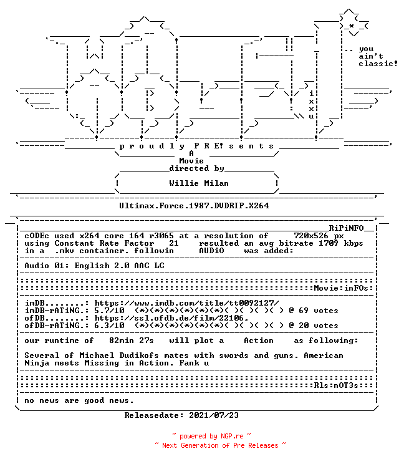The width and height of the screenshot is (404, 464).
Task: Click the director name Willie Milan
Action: [x=199, y=183]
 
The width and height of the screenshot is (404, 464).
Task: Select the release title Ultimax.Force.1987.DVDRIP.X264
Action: [x=194, y=206]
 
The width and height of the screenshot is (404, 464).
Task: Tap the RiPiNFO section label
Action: [x=346, y=228]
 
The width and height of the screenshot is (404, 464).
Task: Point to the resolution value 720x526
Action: [x=311, y=236]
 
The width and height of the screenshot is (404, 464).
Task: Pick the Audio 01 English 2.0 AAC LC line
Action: [x=94, y=266]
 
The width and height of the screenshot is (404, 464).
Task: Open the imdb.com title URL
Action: [x=186, y=303]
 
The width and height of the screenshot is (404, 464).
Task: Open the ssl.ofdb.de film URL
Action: [x=171, y=318]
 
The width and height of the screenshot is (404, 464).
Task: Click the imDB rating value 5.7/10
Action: [x=110, y=311]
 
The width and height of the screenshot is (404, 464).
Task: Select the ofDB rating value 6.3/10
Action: [x=110, y=326]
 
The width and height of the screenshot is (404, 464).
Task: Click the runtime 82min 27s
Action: [x=132, y=341]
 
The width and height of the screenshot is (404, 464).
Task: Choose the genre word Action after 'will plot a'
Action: [x=259, y=341]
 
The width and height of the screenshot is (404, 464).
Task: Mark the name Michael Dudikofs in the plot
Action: [x=119, y=355]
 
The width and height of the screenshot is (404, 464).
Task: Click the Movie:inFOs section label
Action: [x=341, y=288]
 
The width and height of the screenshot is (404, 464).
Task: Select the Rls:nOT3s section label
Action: [x=336, y=385]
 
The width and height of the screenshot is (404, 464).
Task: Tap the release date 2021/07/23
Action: [x=214, y=415]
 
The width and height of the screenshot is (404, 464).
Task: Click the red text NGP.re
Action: [x=232, y=436]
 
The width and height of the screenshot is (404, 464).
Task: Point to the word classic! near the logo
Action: [x=378, y=64]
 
